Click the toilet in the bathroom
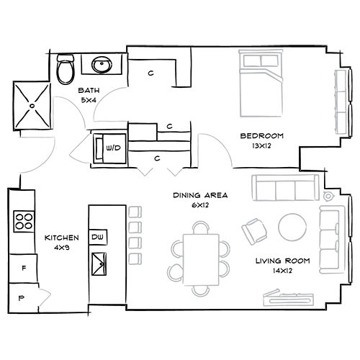point(65,69)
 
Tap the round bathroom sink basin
point(102,65)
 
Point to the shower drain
point(32,106)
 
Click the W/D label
point(113,148)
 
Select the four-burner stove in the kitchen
point(24,221)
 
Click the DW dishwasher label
point(97,237)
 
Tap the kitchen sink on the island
point(99,264)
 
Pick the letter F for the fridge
point(24,268)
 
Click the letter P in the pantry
point(22,298)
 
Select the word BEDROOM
point(262,136)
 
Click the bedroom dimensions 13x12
point(261,145)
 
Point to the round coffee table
point(292,227)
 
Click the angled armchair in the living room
point(254,231)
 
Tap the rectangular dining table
point(201,260)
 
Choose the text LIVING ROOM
point(282,261)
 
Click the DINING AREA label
point(200,195)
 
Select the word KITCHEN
point(62,238)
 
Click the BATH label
point(89,91)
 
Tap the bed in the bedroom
point(261,84)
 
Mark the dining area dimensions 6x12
point(200,205)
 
